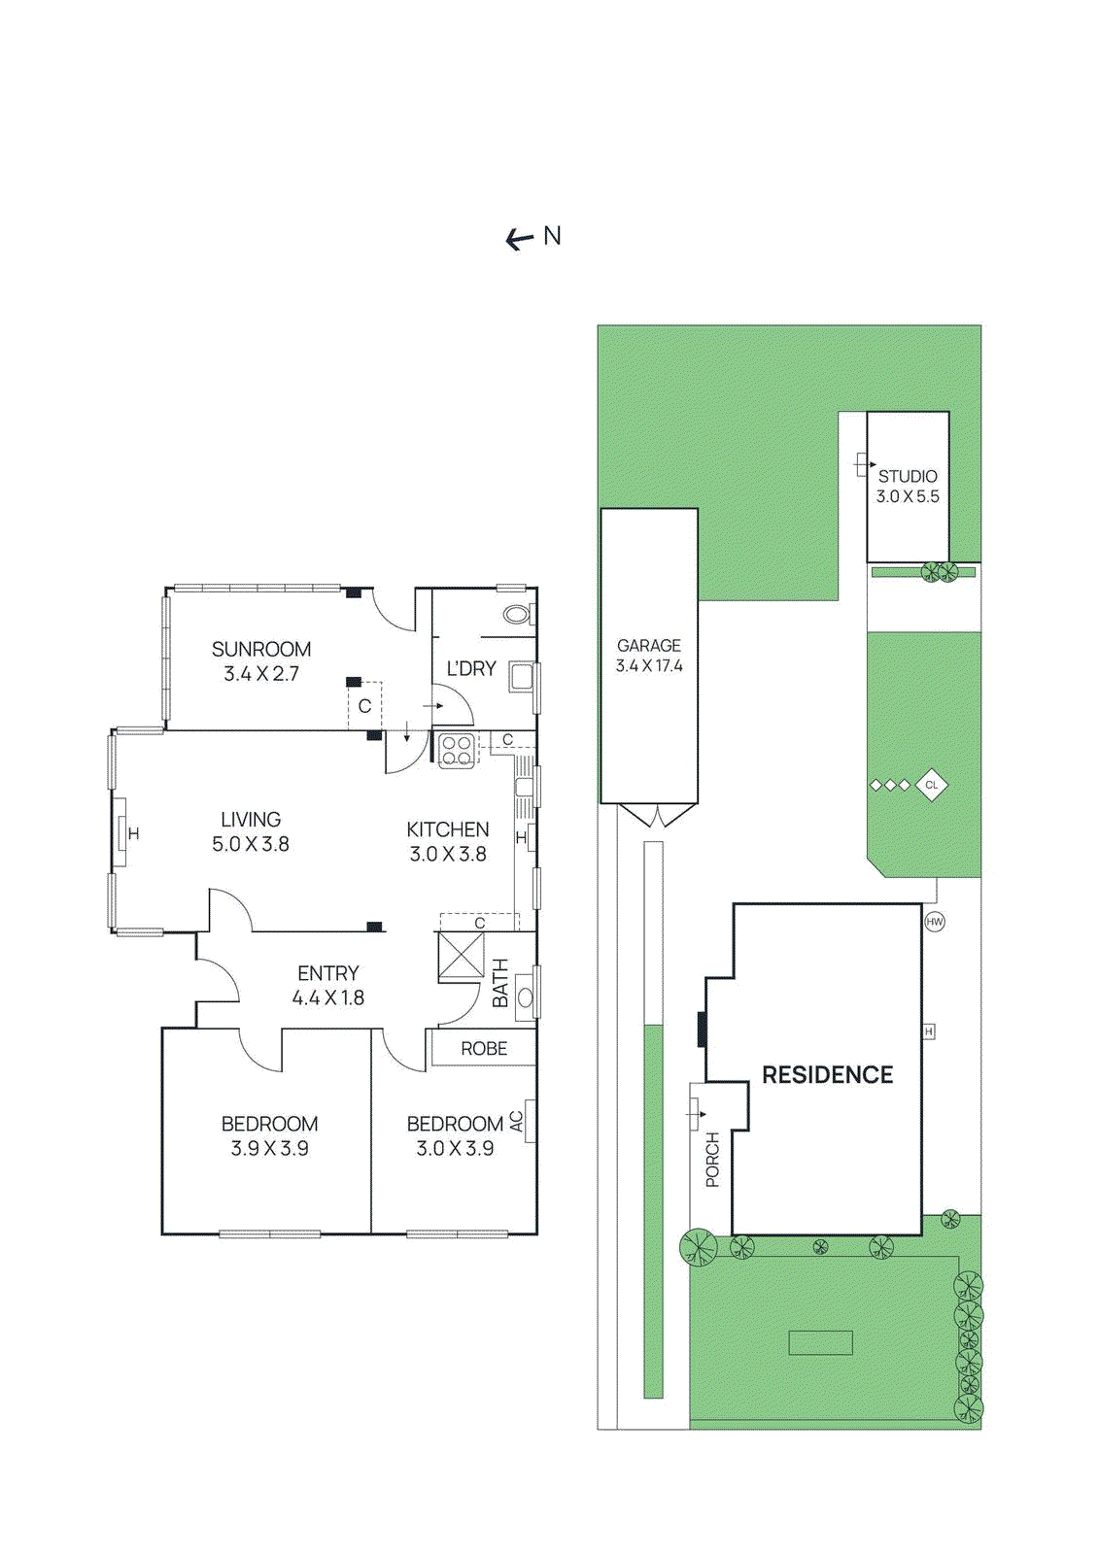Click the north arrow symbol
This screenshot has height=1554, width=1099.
click(519, 240)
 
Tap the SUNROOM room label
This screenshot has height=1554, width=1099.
click(261, 650)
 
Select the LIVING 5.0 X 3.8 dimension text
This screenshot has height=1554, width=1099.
click(251, 844)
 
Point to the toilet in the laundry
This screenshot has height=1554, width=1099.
click(517, 614)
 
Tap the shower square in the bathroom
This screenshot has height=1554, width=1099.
click(461, 957)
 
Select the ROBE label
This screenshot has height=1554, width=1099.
click(484, 1048)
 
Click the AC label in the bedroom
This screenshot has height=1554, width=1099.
click(517, 1121)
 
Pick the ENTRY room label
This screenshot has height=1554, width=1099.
click(328, 972)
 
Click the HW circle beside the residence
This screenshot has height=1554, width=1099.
click(935, 922)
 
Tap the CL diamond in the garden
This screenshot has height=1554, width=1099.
click(931, 786)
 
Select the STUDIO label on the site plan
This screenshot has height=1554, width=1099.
click(908, 477)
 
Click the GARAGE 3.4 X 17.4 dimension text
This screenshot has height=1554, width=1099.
click(649, 666)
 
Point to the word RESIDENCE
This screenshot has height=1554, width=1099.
click(828, 1074)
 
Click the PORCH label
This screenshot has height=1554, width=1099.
click(712, 1160)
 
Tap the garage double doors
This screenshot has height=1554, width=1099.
click(658, 815)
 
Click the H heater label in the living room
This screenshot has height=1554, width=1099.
click(134, 833)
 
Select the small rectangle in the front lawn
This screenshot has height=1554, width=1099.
click(820, 1343)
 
